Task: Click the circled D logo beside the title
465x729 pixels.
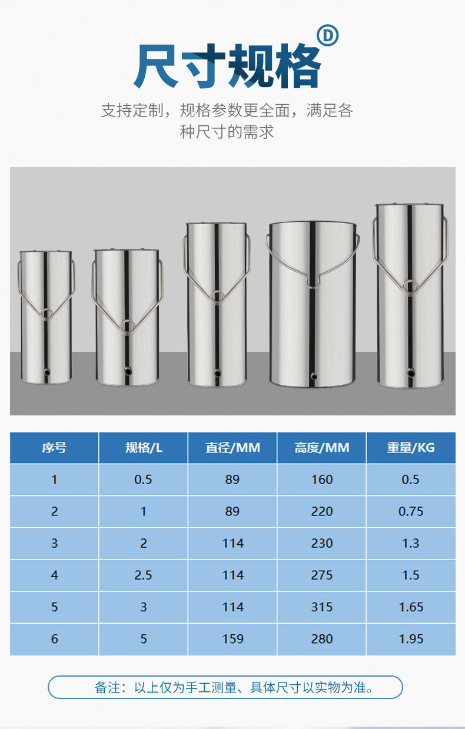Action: coord(328,35)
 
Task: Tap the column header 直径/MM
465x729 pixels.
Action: coord(232,448)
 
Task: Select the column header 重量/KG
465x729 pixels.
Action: coord(411,448)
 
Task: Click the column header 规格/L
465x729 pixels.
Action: coord(144,448)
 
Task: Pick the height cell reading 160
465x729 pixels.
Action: coord(322,480)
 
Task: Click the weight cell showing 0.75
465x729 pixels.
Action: coord(411,512)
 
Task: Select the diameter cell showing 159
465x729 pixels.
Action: coord(233,639)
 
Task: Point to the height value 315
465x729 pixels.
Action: coord(322,607)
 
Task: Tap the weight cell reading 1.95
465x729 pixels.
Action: coord(411,639)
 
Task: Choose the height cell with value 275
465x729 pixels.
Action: coord(322,575)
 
